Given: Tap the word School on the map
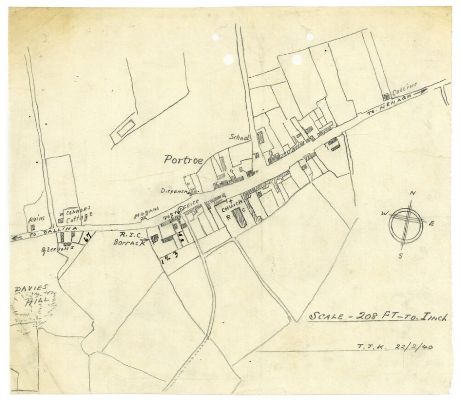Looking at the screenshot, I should tap(240, 137).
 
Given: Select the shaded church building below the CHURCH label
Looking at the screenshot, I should tap(239, 217).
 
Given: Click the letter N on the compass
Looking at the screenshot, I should tap(413, 193).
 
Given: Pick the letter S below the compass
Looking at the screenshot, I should tap(401, 256).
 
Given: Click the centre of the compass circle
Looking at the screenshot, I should tap(405, 224).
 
